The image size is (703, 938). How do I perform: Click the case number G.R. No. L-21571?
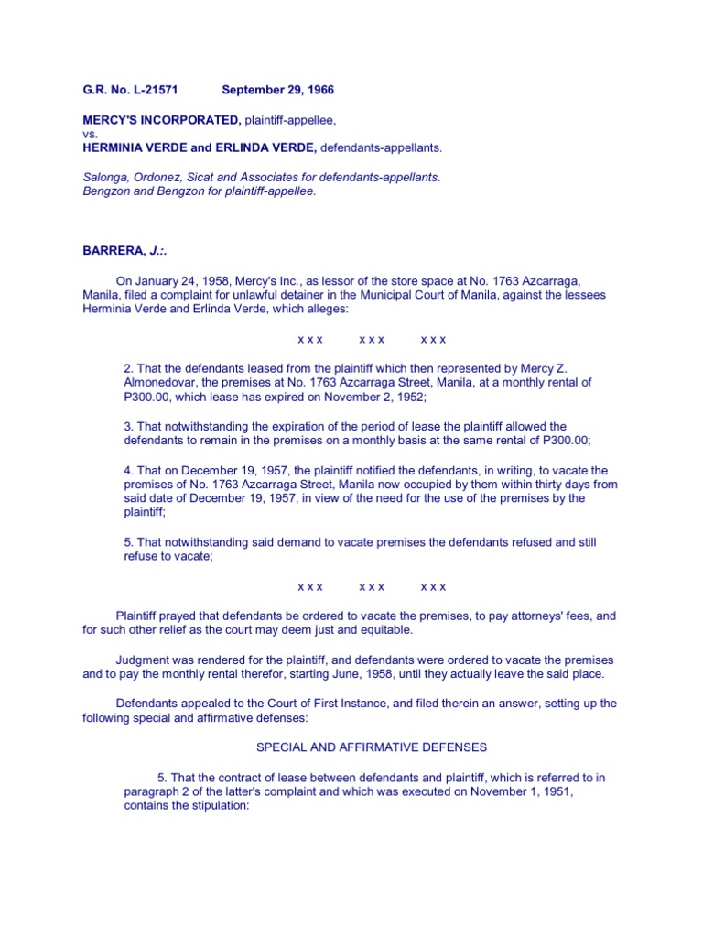[x=129, y=90]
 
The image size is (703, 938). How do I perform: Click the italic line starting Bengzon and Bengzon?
[x=199, y=191]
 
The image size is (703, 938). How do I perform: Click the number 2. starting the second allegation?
[x=129, y=367]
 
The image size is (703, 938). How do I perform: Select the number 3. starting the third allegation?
[x=129, y=426]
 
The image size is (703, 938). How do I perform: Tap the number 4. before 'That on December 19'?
[x=129, y=471]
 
